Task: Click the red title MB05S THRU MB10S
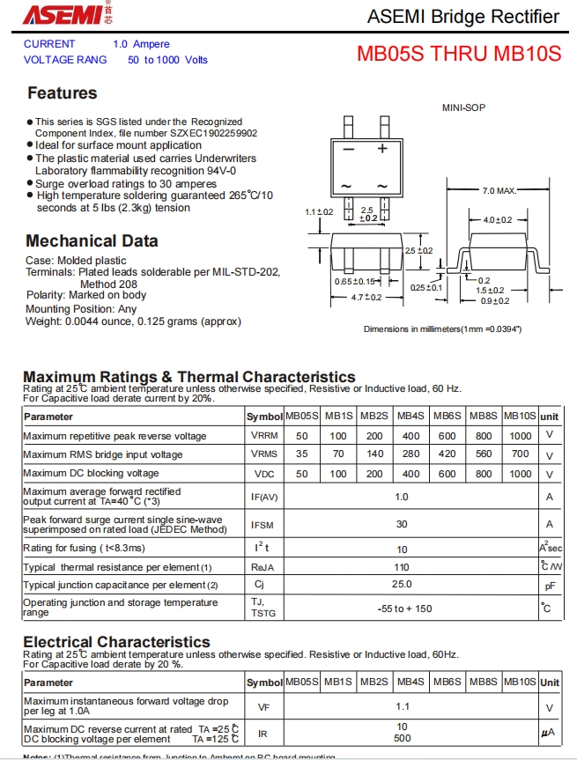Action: (x=458, y=53)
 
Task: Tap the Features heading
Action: (x=62, y=93)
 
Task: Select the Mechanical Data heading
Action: (x=92, y=240)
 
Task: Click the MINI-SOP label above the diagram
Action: (x=463, y=107)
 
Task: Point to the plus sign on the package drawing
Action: (x=382, y=149)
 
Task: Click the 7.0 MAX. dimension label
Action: (x=499, y=191)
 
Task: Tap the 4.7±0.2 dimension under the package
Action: (x=366, y=298)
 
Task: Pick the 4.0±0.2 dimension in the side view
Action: (x=499, y=219)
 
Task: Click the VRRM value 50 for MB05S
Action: (x=301, y=436)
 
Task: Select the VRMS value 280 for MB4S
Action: (x=411, y=454)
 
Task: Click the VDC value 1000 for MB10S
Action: (x=520, y=474)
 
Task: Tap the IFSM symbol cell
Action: (x=263, y=525)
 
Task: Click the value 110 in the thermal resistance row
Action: (x=402, y=567)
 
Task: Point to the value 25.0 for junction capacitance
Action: (x=402, y=584)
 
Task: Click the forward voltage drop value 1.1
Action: (x=403, y=706)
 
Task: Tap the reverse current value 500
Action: (x=403, y=738)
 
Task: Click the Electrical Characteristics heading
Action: (x=116, y=642)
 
